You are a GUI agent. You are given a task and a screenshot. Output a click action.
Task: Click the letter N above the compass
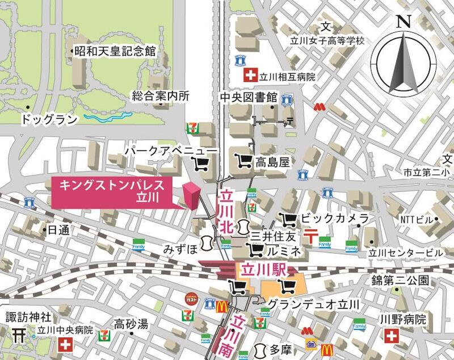pos(403,22)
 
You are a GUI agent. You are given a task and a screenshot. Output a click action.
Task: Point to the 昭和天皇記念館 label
pos(115,51)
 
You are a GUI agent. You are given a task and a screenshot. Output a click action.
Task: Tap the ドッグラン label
pos(49,119)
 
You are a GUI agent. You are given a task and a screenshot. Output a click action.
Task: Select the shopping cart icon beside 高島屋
pos(243,161)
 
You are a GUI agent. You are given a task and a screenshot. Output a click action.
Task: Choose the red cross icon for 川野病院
pos(391,336)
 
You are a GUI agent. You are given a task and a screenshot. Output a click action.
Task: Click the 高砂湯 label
pos(131,324)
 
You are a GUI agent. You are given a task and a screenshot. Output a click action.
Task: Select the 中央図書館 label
pos(249,97)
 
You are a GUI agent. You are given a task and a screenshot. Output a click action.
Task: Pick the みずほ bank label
pos(180,249)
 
